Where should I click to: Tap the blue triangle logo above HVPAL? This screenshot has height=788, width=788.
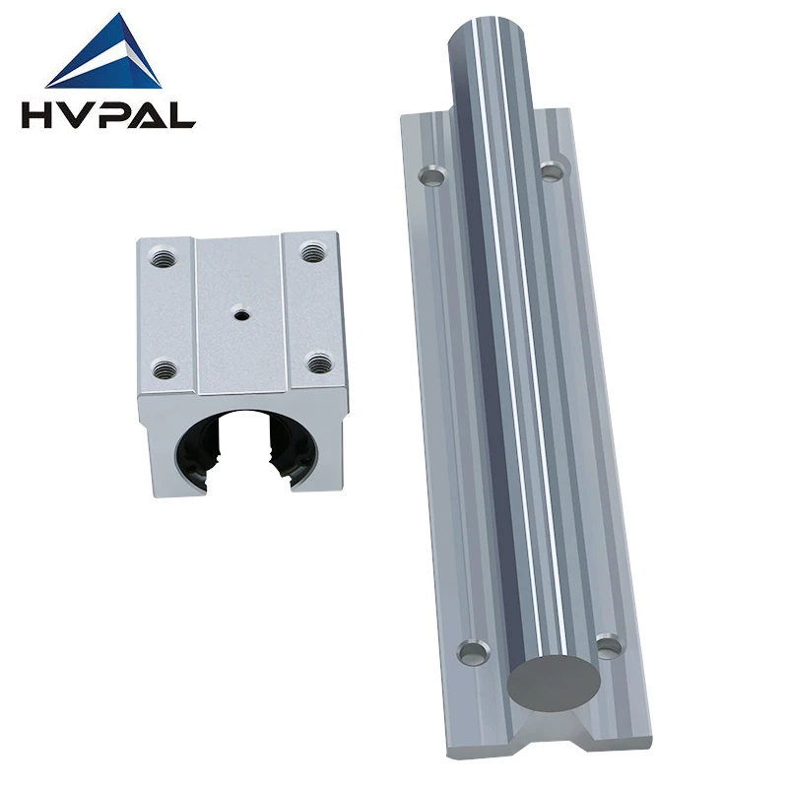108,54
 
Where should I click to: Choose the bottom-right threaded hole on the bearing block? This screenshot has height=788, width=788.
316,362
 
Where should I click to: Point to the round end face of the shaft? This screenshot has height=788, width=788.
554,681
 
